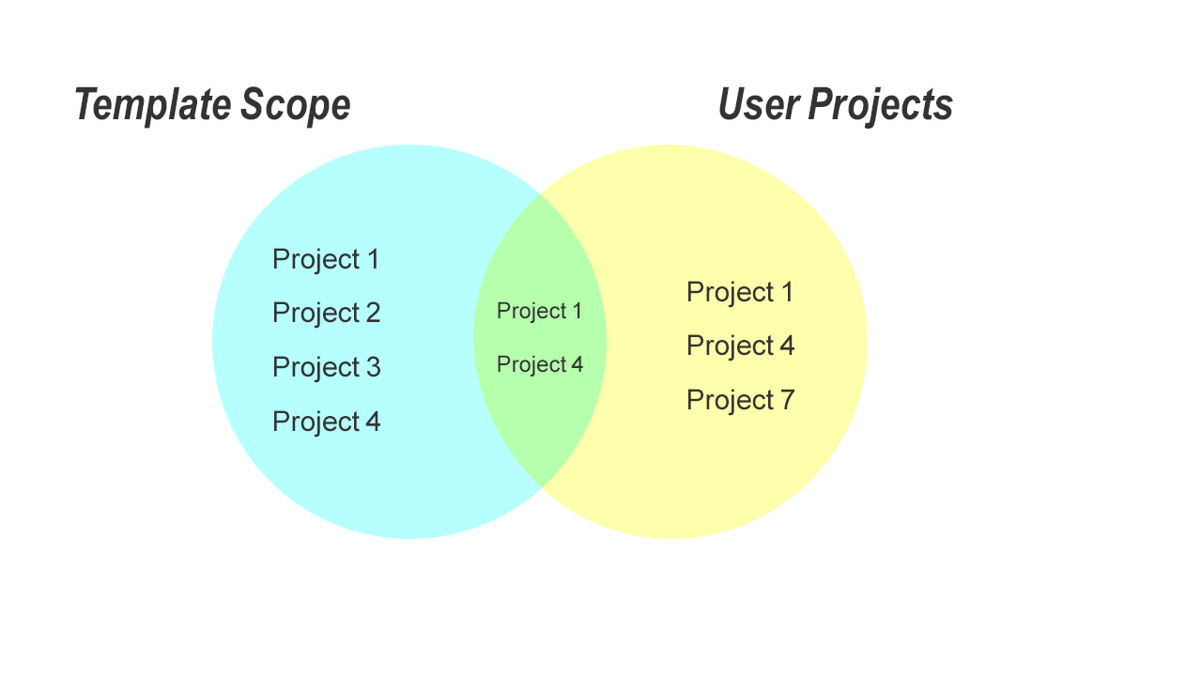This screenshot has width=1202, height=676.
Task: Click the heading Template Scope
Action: coord(212,104)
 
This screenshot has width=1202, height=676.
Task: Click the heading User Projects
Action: coord(835,104)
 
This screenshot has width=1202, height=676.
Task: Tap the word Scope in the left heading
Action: coord(295,104)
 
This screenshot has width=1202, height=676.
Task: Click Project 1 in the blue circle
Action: coord(326,259)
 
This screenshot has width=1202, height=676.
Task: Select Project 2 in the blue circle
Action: coord(326,313)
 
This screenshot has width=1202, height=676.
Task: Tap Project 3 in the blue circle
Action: coord(326,367)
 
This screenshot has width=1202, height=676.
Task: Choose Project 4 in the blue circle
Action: coord(326,422)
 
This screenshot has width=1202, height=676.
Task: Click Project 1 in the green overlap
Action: coord(539,311)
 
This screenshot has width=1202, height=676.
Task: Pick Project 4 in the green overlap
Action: coord(539,364)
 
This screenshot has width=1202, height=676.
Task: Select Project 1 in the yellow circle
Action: coord(740,292)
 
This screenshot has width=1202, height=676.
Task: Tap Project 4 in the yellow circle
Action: coord(740,346)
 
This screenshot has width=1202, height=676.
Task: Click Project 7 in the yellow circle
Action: coord(740,400)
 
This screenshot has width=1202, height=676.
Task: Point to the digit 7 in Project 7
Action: coord(787,400)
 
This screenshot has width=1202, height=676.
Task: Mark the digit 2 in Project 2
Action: coord(373,313)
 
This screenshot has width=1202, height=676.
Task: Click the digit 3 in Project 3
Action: coord(373,367)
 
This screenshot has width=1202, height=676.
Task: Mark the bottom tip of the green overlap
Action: coord(540,487)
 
